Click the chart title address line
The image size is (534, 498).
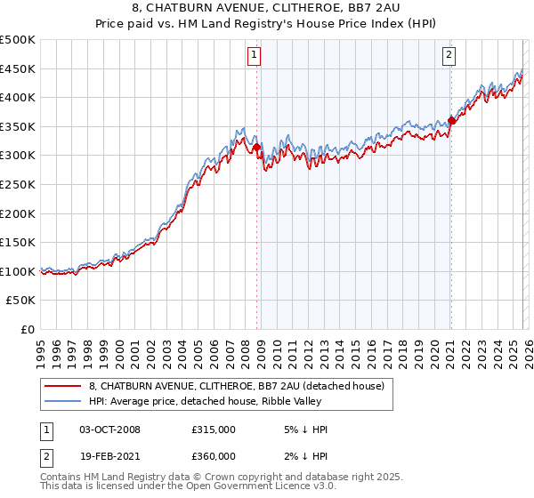point(267,8)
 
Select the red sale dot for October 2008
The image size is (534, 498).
point(257,148)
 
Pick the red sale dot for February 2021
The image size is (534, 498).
point(451,121)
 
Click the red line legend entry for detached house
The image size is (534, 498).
point(236,386)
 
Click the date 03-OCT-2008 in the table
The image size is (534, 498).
point(110,430)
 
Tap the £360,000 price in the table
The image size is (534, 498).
point(214,456)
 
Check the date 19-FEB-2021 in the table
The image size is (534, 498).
point(110,456)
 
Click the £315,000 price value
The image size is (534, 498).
point(214,430)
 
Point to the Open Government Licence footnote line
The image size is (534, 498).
point(189,487)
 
